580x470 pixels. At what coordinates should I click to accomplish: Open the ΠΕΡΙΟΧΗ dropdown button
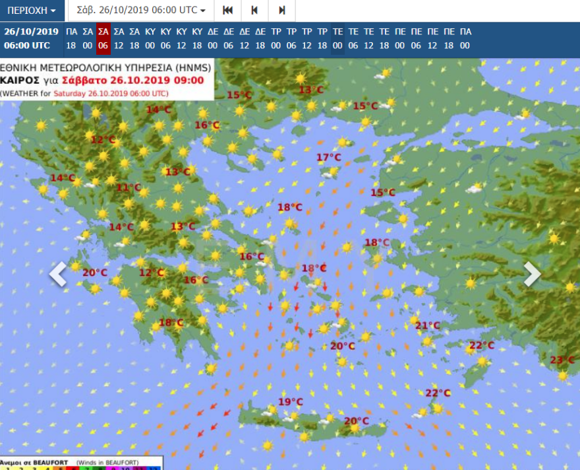32,11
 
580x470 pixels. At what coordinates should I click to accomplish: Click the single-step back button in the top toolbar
254,11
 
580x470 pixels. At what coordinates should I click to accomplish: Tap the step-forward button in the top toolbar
281,11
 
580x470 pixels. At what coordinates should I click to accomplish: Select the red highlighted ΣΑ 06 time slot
103,38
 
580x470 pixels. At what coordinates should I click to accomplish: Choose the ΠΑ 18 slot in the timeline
71,38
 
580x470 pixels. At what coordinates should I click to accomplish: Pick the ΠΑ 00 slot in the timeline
465,38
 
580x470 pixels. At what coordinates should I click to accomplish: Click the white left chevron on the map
58,274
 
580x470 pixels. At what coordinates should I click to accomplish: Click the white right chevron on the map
532,274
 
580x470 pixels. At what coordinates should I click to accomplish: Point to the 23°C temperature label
562,360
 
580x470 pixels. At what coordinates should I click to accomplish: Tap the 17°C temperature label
329,158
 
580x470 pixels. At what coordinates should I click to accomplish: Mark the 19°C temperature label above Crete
290,402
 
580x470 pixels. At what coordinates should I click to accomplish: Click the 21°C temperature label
427,325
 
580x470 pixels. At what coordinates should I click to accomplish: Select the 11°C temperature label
129,187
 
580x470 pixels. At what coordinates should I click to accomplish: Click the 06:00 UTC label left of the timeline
27,46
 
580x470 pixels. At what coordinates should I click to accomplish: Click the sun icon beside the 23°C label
562,376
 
